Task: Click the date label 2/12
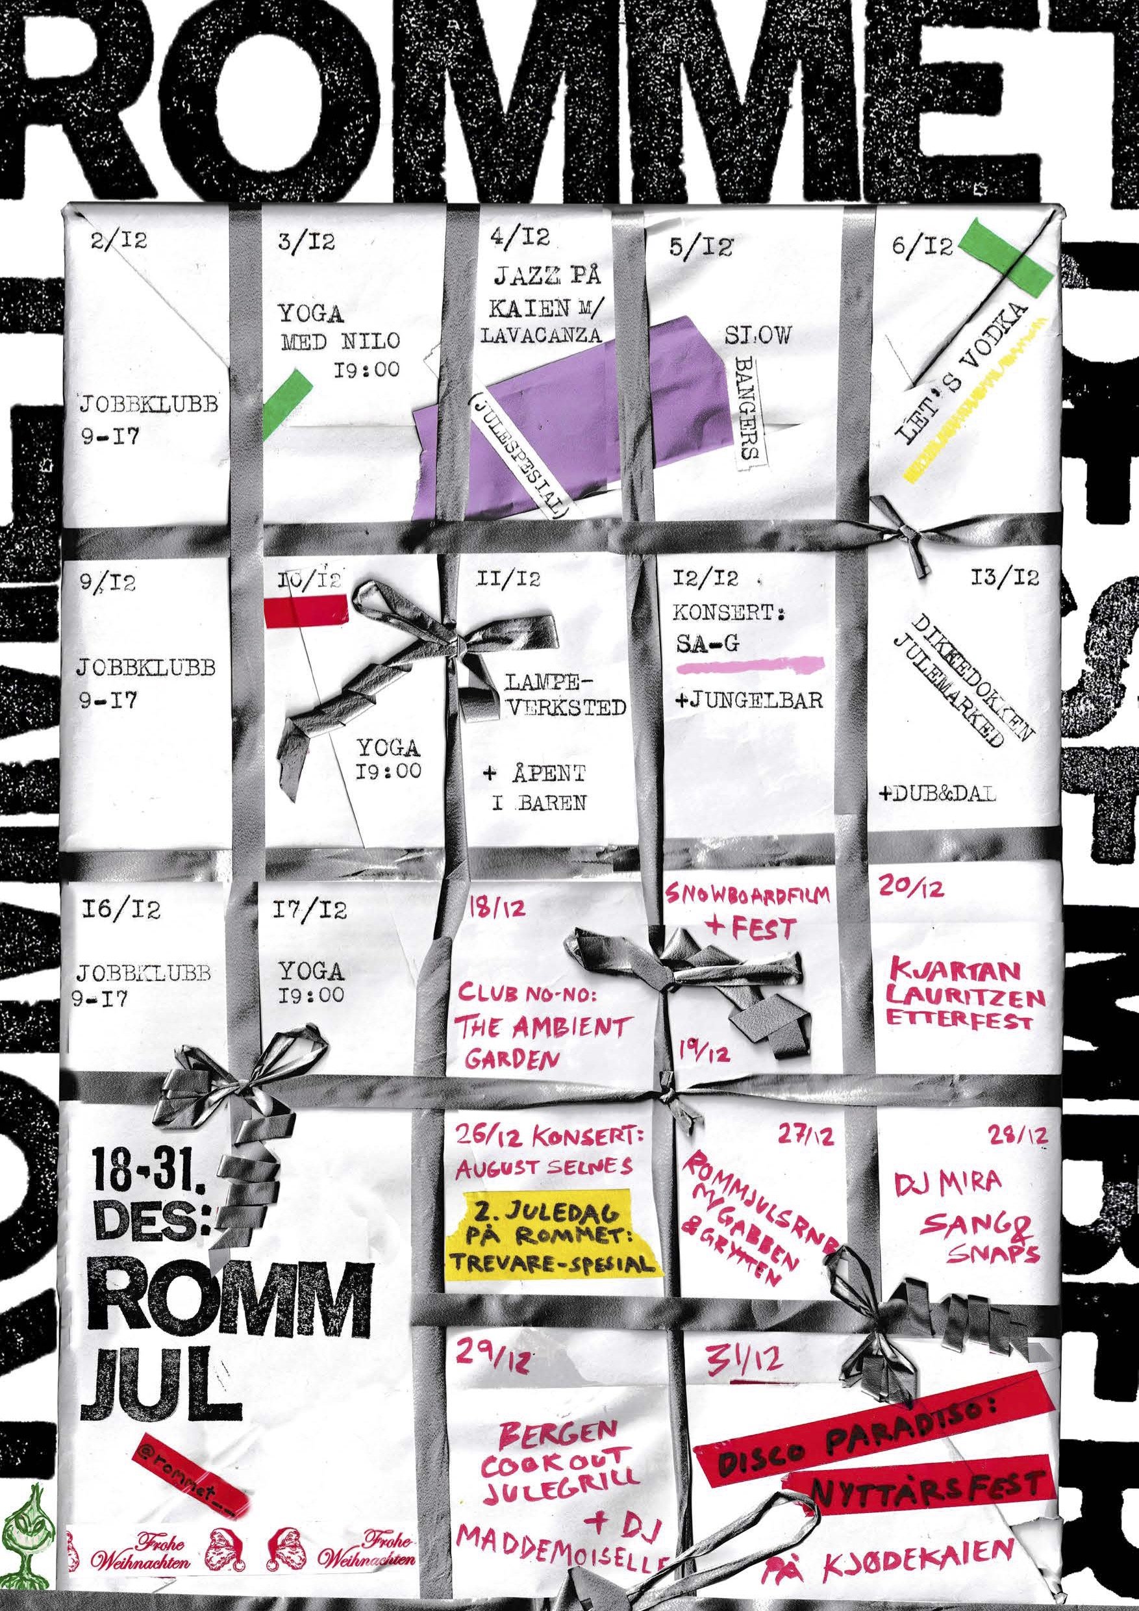119,242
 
